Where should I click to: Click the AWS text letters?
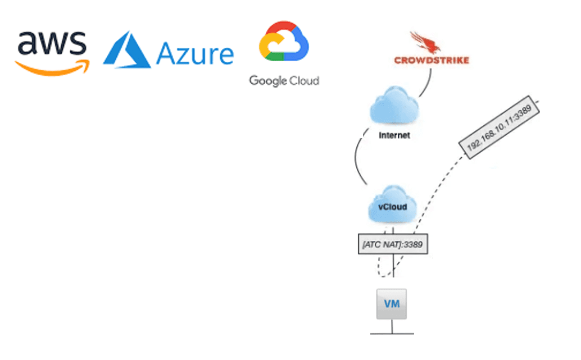[52, 44]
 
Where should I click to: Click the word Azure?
[195, 54]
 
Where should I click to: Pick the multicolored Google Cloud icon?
[283, 43]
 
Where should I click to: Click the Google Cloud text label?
[284, 81]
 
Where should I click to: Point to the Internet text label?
[394, 135]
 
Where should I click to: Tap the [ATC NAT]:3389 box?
[393, 244]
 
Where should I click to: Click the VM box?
[391, 304]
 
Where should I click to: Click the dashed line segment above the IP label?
[536, 104]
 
